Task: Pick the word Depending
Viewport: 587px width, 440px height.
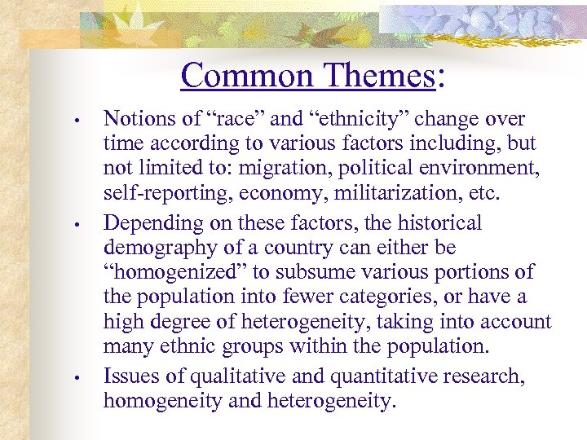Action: tap(147, 222)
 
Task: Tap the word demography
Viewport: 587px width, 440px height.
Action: tap(150, 247)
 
